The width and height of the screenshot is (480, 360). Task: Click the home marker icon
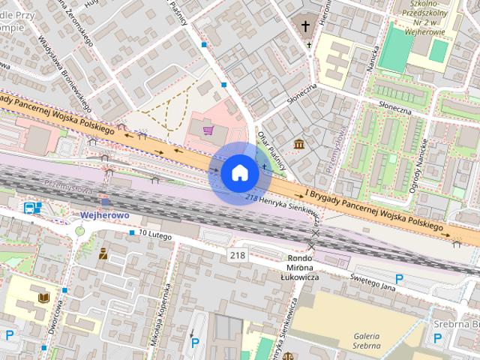(239, 173)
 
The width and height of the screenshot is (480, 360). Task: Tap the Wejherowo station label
(105, 215)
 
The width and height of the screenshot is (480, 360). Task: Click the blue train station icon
(31, 208)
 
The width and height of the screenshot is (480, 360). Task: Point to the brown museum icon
(299, 143)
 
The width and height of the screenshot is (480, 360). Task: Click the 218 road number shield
(238, 256)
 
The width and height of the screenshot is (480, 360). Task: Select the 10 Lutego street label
(155, 235)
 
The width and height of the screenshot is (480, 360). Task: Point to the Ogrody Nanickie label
(420, 165)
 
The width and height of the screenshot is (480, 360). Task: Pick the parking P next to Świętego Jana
(399, 279)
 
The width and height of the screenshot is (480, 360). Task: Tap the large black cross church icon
(305, 26)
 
